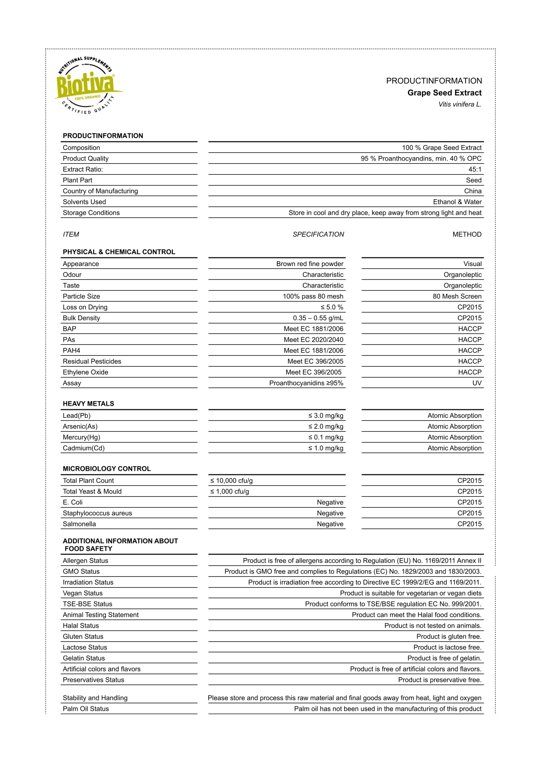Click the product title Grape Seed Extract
[x=444, y=93]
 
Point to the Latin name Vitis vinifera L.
[x=460, y=105]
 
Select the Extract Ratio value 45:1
[x=475, y=170]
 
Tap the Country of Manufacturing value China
[x=472, y=191]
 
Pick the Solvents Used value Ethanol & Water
[x=457, y=202]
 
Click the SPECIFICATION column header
[x=318, y=235]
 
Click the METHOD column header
[x=467, y=235]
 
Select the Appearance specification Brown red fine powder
[x=310, y=264]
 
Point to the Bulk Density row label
[x=81, y=318]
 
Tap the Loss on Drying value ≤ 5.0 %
[x=331, y=307]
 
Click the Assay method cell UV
[x=476, y=383]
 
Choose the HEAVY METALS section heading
[x=88, y=404]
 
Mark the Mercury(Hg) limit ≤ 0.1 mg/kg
[x=326, y=438]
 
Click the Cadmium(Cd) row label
[x=84, y=449]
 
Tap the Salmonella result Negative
[x=330, y=524]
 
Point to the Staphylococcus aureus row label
[x=97, y=513]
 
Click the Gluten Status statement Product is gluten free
[x=449, y=637]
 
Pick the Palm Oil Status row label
[x=86, y=709]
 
